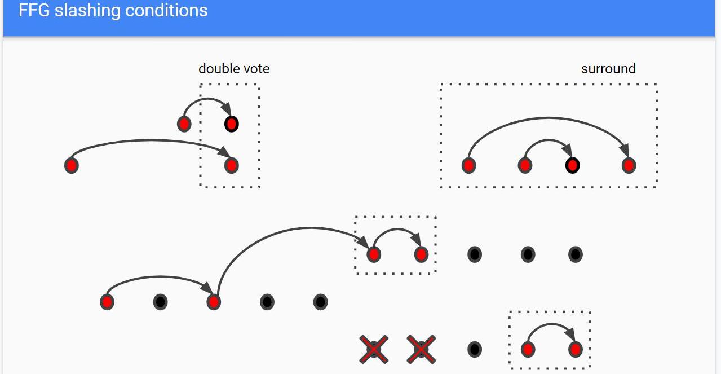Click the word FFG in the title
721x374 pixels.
[x=34, y=10]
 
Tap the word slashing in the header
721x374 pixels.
[x=87, y=11]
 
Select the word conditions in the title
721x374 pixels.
[x=166, y=10]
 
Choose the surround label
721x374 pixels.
[x=608, y=69]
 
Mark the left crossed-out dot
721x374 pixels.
[x=374, y=350]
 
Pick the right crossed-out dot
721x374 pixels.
[x=421, y=350]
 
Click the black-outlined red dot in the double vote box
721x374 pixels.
[x=232, y=124]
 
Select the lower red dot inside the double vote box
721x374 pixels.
[x=232, y=166]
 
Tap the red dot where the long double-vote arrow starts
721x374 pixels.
[x=72, y=166]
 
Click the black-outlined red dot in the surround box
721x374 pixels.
[x=572, y=166]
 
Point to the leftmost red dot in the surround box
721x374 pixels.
[x=468, y=166]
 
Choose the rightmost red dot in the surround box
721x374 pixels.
[x=629, y=166]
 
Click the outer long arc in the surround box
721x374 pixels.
[x=549, y=118]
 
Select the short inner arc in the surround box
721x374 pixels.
[x=549, y=140]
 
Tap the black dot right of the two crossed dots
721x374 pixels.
[x=475, y=350]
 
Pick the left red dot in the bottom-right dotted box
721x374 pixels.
[x=528, y=350]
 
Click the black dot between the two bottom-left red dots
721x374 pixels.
[x=160, y=302]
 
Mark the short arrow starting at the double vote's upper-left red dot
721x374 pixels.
[x=207, y=99]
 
